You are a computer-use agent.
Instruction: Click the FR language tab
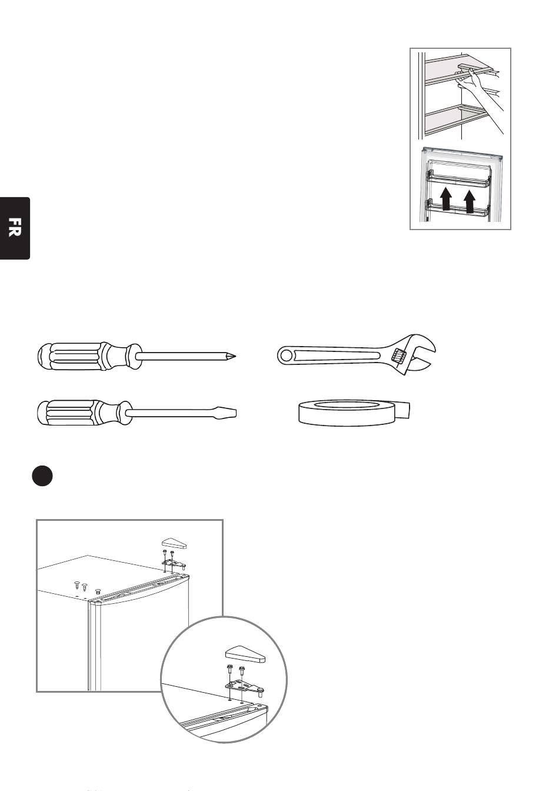[x=15, y=228]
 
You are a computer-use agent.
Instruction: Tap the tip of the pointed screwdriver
[x=235, y=356]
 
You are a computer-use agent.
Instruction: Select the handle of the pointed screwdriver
[x=89, y=355]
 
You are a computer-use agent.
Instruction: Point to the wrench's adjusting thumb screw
[x=398, y=355]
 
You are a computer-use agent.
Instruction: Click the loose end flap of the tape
[x=402, y=410]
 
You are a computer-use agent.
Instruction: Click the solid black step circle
[x=42, y=476]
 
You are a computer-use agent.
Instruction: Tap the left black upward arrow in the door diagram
[x=445, y=199]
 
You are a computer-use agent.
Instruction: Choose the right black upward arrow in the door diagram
[x=470, y=201]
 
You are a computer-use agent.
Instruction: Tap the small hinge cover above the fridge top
[x=174, y=543]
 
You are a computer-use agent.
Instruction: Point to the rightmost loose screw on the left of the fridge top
[x=98, y=591]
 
